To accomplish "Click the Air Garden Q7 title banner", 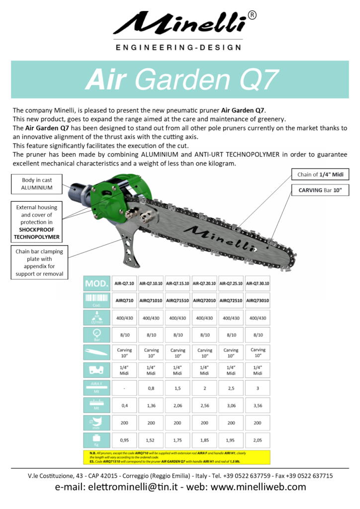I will tap(180, 80).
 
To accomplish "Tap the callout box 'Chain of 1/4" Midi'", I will tap(320, 174).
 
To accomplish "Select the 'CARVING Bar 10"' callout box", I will tap(320, 190).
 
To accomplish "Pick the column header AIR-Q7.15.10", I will tap(178, 283).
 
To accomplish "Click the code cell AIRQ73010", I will tap(258, 301).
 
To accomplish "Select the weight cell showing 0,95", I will tap(125, 439).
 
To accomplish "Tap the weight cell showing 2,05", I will tap(258, 439).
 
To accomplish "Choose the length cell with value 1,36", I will tap(151, 405).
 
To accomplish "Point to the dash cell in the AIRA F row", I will tap(125, 388).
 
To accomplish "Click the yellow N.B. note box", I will tap(177, 457).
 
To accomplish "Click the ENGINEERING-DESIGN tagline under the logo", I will tap(178, 48).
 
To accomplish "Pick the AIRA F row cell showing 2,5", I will tap(231, 388).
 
